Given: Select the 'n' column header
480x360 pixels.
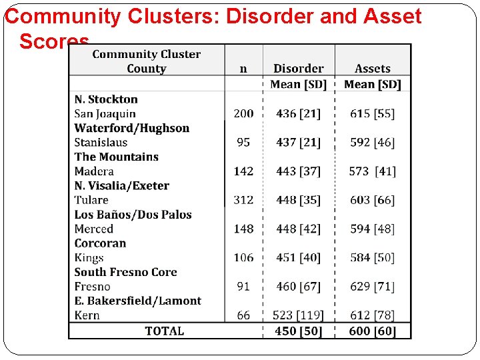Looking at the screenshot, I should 243,68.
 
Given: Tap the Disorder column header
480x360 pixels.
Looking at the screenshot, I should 298,68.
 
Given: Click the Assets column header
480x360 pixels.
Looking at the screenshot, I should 372,68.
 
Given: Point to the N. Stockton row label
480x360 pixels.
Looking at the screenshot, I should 106,99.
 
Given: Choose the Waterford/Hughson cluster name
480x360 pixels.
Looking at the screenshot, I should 132,128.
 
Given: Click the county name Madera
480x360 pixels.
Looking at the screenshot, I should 94,171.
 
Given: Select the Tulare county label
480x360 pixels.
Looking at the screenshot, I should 91,200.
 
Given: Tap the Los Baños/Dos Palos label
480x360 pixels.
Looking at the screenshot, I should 133,215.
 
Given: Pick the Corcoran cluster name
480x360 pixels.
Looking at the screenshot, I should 100,243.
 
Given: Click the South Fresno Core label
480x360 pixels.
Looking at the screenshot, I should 125,272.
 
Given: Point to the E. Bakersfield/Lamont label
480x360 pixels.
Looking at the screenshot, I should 137,301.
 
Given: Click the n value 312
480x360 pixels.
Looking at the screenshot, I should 243,200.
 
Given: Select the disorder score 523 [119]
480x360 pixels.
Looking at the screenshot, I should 298,315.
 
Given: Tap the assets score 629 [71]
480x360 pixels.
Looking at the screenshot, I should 372,287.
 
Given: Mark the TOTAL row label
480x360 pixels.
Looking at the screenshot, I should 164,331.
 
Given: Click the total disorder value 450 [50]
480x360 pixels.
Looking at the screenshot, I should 298,331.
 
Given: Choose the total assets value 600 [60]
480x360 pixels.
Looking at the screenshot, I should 372,331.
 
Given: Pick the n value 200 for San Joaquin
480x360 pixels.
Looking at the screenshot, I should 243,114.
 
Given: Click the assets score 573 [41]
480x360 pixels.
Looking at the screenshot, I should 372,171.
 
